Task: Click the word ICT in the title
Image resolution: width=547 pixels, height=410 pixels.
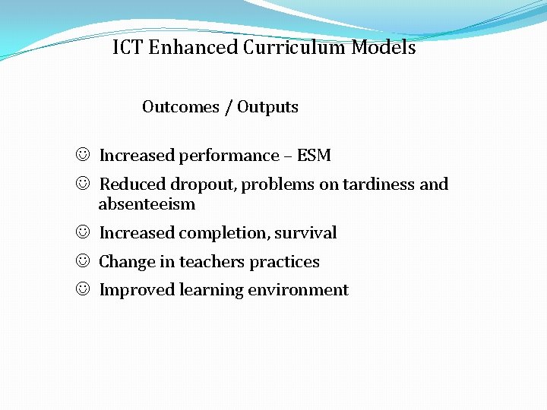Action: point(128,48)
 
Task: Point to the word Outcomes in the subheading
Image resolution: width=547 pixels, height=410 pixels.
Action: point(180,107)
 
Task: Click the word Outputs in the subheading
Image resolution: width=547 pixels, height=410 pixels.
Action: point(267,107)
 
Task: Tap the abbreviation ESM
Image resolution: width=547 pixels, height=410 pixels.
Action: point(314,156)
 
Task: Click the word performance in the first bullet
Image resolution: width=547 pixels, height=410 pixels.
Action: point(229,156)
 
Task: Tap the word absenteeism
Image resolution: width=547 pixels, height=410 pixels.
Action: point(147,204)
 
